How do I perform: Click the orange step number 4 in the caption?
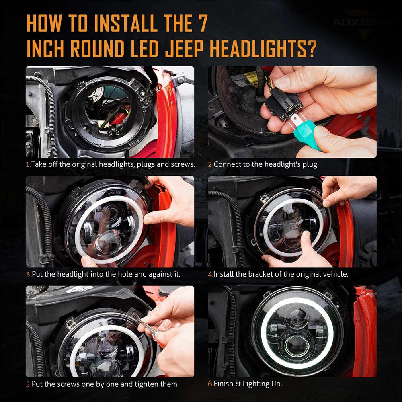click(210, 274)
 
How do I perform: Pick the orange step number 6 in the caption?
click(210, 384)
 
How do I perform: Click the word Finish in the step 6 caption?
click(224, 384)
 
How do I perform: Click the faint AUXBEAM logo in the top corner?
click(361, 23)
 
